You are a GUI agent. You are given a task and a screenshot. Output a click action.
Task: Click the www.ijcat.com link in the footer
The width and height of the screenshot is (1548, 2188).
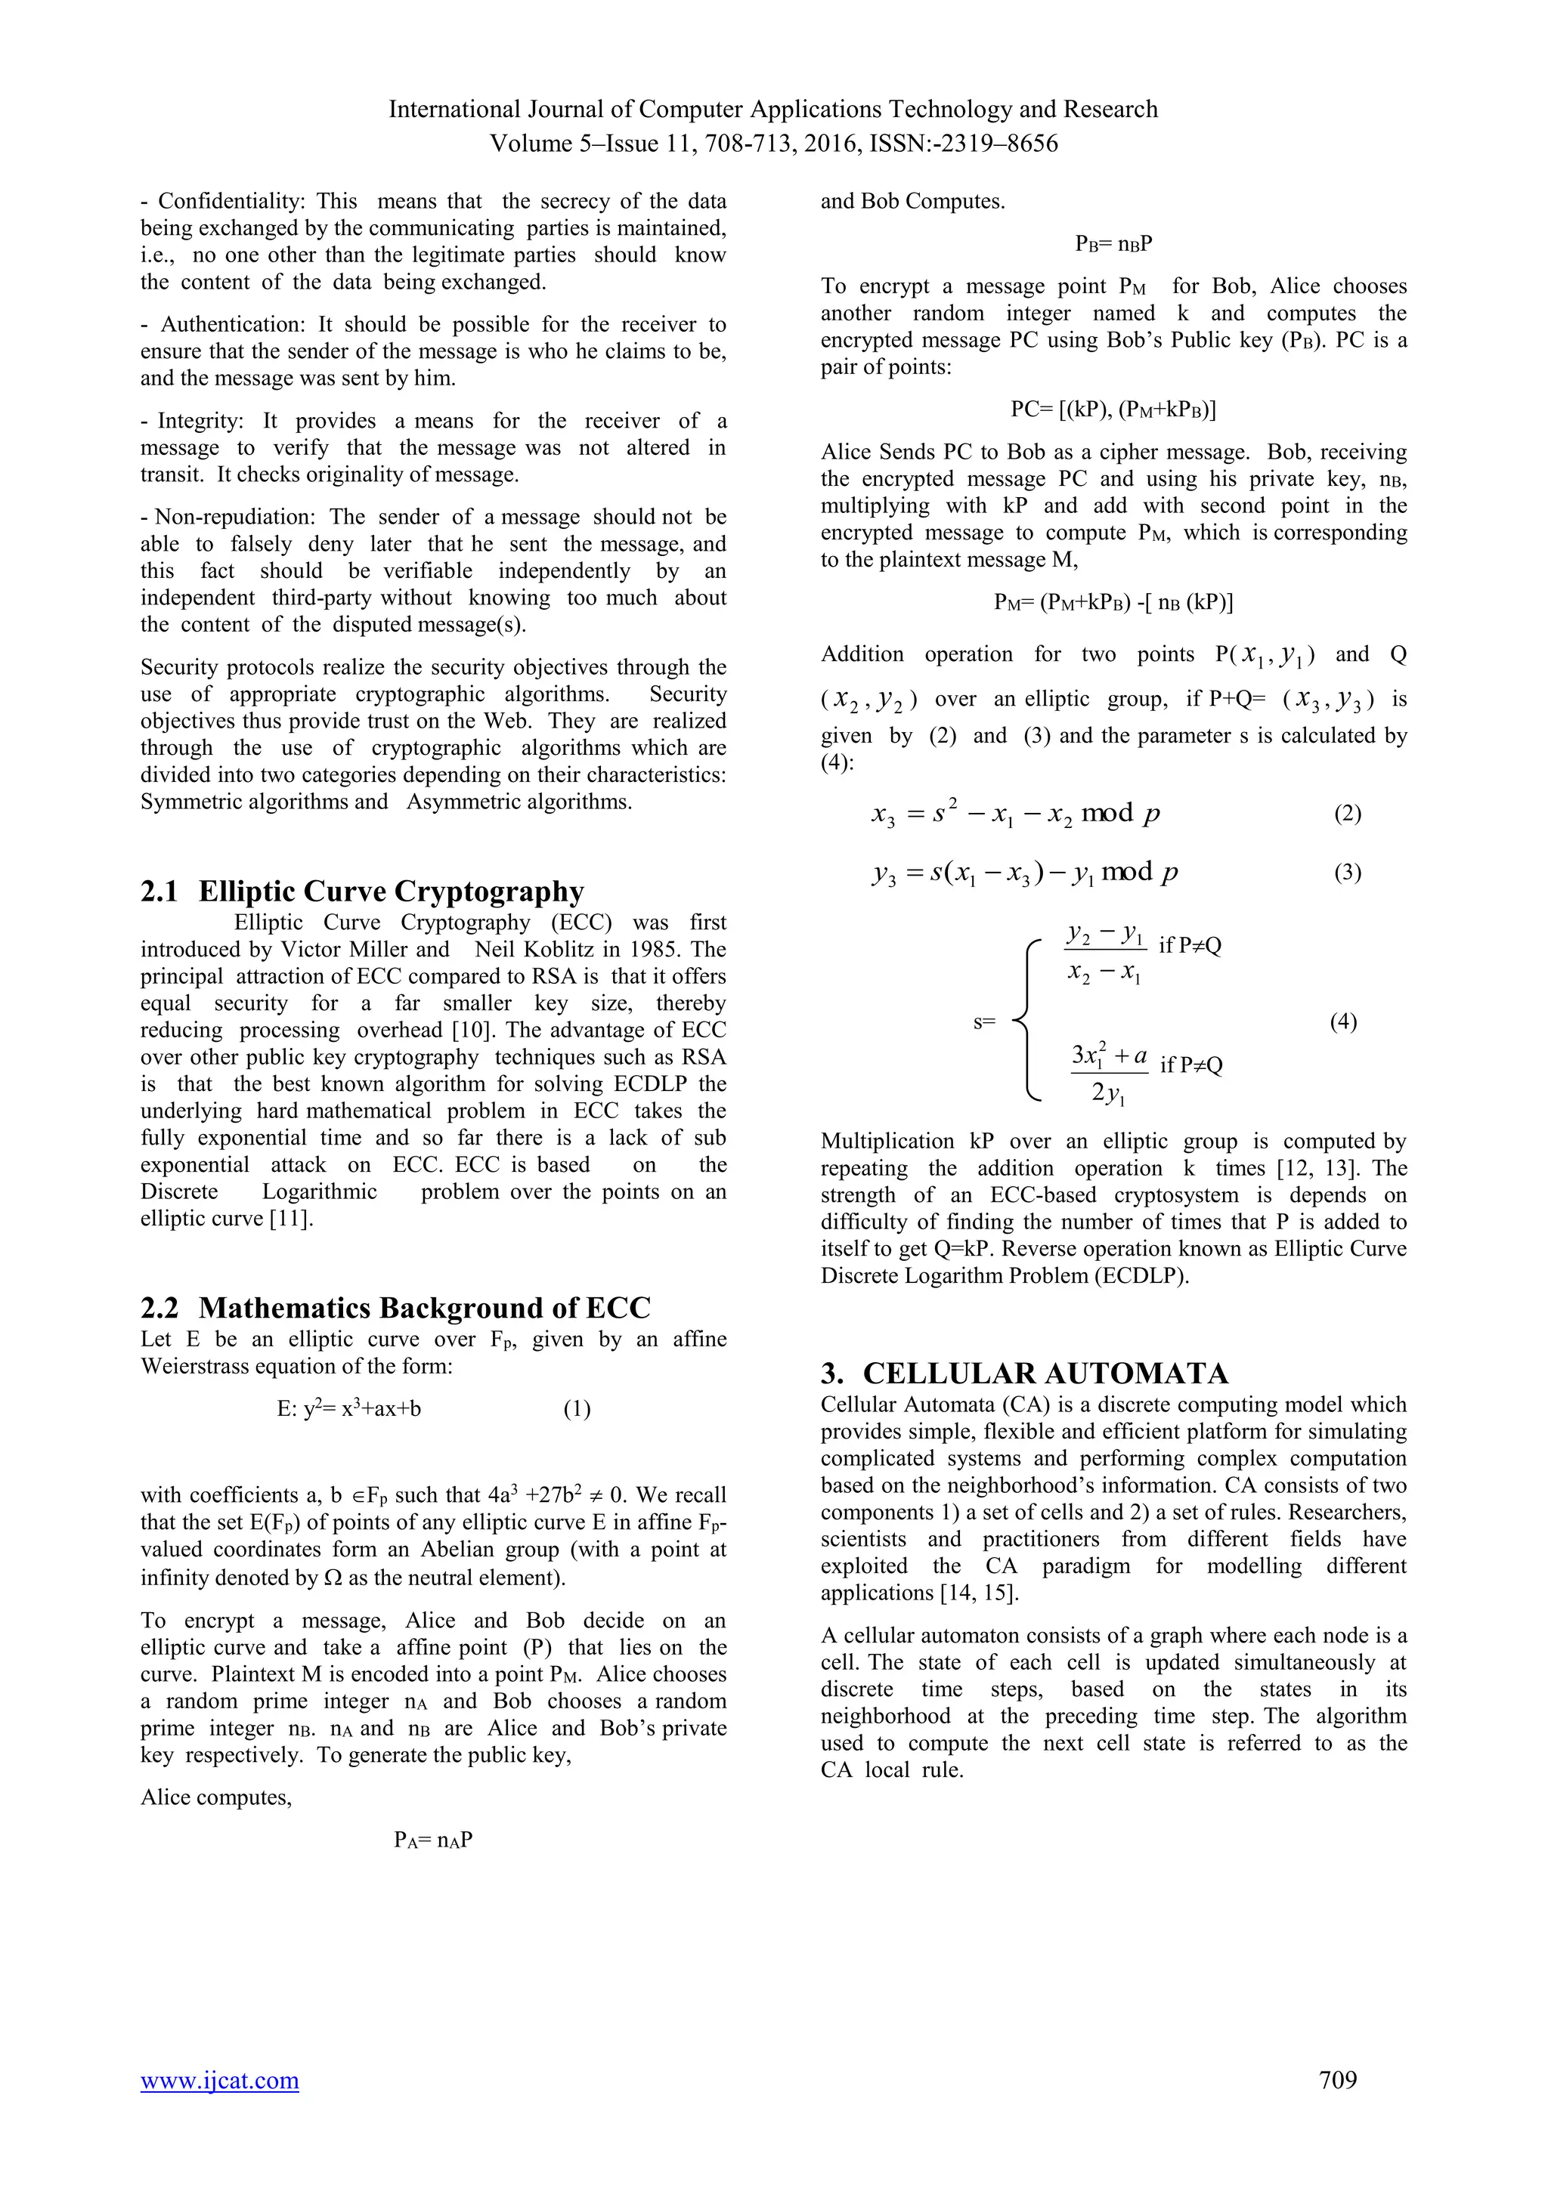pos(219,2079)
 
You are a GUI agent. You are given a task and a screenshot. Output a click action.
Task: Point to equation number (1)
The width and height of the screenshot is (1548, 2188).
pos(577,1408)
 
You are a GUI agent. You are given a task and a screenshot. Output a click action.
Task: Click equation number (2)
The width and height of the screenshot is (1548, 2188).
pos(1347,813)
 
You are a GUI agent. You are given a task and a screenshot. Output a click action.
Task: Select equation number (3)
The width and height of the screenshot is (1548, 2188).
pos(1347,872)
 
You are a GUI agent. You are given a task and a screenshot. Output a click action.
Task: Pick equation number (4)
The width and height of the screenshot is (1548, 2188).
pos(1343,1021)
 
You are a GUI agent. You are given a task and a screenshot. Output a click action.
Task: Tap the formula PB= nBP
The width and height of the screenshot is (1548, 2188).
pos(1113,244)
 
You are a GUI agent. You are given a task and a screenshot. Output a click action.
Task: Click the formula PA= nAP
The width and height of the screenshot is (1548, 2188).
pos(434,1839)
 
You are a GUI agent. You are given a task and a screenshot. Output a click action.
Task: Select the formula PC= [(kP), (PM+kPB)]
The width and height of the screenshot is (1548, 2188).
pos(1113,409)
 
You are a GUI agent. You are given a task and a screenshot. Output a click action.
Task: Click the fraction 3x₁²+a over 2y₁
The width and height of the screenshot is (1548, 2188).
pos(1109,1072)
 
